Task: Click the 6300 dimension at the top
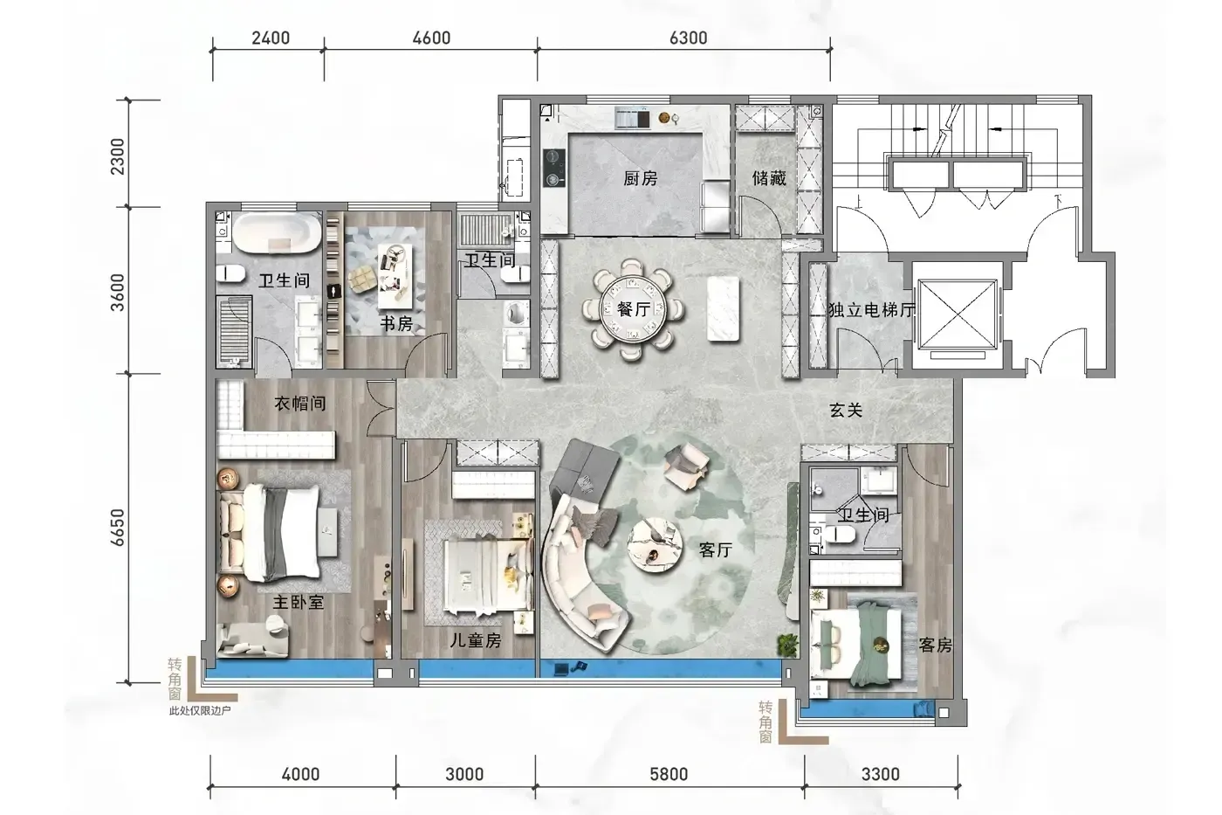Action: (x=688, y=38)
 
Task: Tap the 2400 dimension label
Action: (x=271, y=38)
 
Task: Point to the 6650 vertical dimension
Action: (x=117, y=528)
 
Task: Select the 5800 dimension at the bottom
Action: (x=669, y=774)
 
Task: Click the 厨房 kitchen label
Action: (x=641, y=178)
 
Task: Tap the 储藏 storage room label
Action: (x=769, y=178)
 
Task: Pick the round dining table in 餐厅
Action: (x=633, y=309)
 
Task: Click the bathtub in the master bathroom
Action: (x=278, y=233)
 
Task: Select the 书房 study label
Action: (x=396, y=324)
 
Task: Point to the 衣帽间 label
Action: (x=300, y=404)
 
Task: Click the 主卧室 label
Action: (x=299, y=603)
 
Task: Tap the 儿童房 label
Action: (x=475, y=640)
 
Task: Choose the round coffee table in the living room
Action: (x=654, y=544)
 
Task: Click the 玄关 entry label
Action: (x=846, y=411)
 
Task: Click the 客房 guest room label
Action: (x=935, y=646)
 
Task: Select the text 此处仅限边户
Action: (x=200, y=711)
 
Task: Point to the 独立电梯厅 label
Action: (x=871, y=310)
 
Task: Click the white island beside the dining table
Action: (x=724, y=309)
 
